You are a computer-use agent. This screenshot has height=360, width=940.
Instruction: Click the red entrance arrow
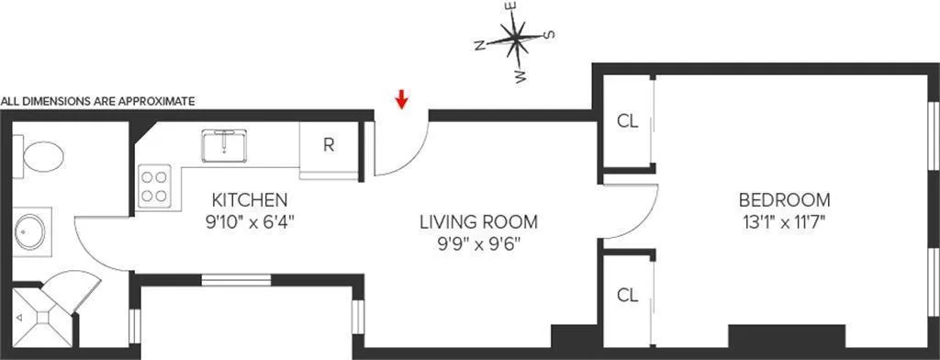click(401, 97)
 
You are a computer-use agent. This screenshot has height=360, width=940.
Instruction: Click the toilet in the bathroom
click(39, 155)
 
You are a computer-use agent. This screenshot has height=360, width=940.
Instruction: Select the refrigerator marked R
click(328, 144)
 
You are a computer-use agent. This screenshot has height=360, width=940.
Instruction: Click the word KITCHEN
click(251, 199)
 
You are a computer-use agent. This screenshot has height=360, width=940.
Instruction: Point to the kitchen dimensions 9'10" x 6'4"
click(251, 221)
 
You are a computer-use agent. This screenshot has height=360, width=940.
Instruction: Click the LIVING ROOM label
click(478, 222)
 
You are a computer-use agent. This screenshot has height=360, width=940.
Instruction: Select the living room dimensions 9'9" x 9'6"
click(478, 244)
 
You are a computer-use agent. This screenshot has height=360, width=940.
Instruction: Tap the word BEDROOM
click(784, 199)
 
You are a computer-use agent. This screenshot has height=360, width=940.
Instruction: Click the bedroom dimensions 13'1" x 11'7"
click(784, 221)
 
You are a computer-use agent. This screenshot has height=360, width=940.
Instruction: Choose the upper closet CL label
click(627, 120)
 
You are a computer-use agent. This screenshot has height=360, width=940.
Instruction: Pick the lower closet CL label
click(627, 296)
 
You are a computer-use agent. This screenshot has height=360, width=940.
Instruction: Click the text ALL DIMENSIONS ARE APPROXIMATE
click(98, 102)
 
